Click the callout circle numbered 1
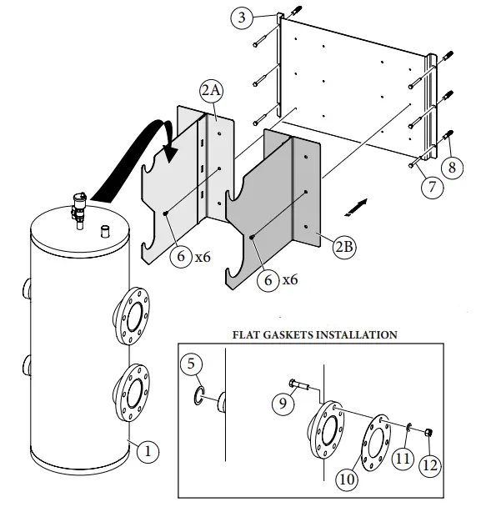(147, 451)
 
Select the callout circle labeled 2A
(211, 90)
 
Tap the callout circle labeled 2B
(343, 247)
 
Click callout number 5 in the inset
(193, 364)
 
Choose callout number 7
(431, 187)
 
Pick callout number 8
(451, 168)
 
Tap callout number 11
(403, 458)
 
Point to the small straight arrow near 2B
(357, 204)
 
